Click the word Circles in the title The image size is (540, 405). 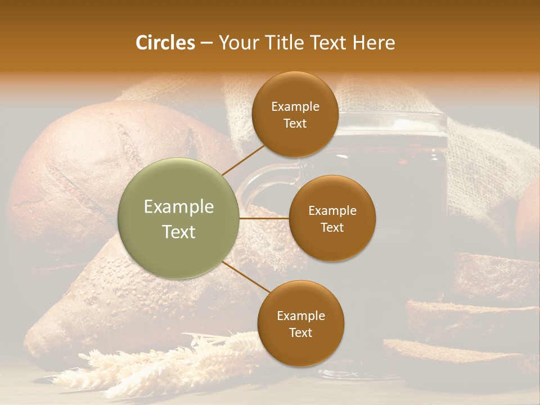[x=165, y=43]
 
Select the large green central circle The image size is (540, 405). [x=179, y=218]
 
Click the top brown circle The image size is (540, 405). [x=295, y=115]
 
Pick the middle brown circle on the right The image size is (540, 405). [x=332, y=218]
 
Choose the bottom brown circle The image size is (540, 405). [x=300, y=324]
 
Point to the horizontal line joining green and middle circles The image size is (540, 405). [x=264, y=218]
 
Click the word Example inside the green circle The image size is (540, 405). [x=179, y=207]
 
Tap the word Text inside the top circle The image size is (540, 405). [x=295, y=123]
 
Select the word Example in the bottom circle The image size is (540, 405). [x=300, y=316]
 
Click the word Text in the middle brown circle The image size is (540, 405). [x=332, y=227]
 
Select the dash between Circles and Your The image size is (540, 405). [x=206, y=43]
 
